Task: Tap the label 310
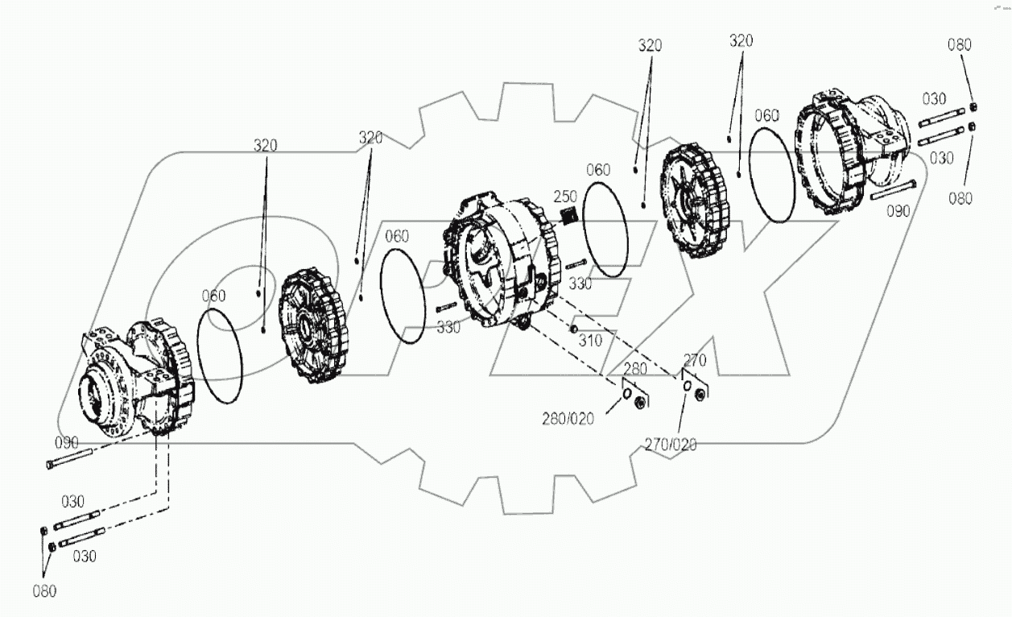[590, 342]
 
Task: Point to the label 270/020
[671, 444]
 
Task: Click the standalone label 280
[636, 370]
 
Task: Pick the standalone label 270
[695, 360]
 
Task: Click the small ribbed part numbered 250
[569, 216]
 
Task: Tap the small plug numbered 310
[574, 327]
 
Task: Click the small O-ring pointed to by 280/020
[626, 395]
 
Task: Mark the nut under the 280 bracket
[641, 401]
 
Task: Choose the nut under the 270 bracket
[700, 394]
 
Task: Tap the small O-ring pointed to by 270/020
[685, 387]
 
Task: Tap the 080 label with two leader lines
[44, 592]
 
